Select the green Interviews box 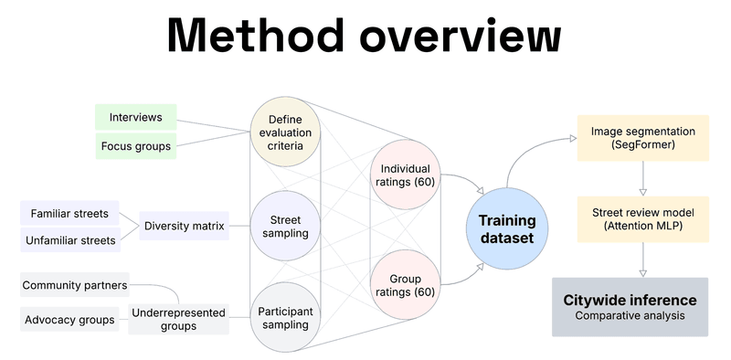(135, 117)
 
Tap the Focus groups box (135, 145)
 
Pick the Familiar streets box (69, 214)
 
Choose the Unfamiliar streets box (69, 240)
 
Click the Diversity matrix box (184, 226)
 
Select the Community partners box (74, 285)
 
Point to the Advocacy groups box (69, 320)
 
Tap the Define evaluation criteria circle (285, 132)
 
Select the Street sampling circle (285, 226)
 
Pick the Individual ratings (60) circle (405, 174)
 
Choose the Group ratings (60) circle (405, 284)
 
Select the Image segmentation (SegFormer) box (642, 138)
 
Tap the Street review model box (642, 218)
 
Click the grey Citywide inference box (630, 307)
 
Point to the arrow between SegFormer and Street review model (643, 178)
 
